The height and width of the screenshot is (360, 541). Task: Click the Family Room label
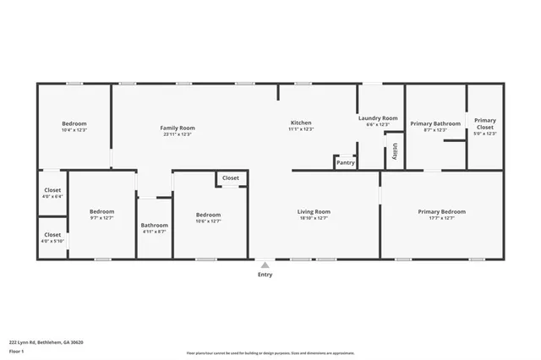coord(178,128)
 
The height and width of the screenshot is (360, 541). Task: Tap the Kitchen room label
coord(301,123)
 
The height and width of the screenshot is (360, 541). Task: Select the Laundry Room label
coord(377,118)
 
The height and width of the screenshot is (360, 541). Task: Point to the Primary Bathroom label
coord(435,124)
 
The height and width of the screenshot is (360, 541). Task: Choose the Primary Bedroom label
coord(441,212)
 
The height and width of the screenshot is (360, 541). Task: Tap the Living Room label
coord(313,212)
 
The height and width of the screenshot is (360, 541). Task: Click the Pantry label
coord(345,162)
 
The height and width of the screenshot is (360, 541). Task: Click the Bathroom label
coord(154,226)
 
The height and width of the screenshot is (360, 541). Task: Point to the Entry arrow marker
coord(265,265)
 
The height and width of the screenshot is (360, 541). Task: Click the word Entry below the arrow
coord(265,275)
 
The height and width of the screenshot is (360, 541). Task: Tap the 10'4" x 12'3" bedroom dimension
coord(74,130)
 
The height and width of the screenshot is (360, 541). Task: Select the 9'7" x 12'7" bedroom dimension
coord(101,218)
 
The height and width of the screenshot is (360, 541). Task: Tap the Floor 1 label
coord(16,351)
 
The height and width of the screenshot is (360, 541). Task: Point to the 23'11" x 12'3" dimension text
coord(178,134)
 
